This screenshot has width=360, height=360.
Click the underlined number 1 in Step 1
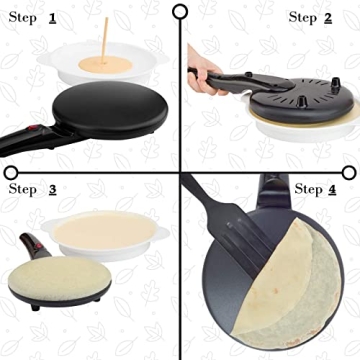click(51, 18)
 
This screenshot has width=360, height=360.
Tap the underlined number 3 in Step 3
click(51, 188)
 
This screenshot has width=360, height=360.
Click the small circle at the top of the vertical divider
click(180, 11)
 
